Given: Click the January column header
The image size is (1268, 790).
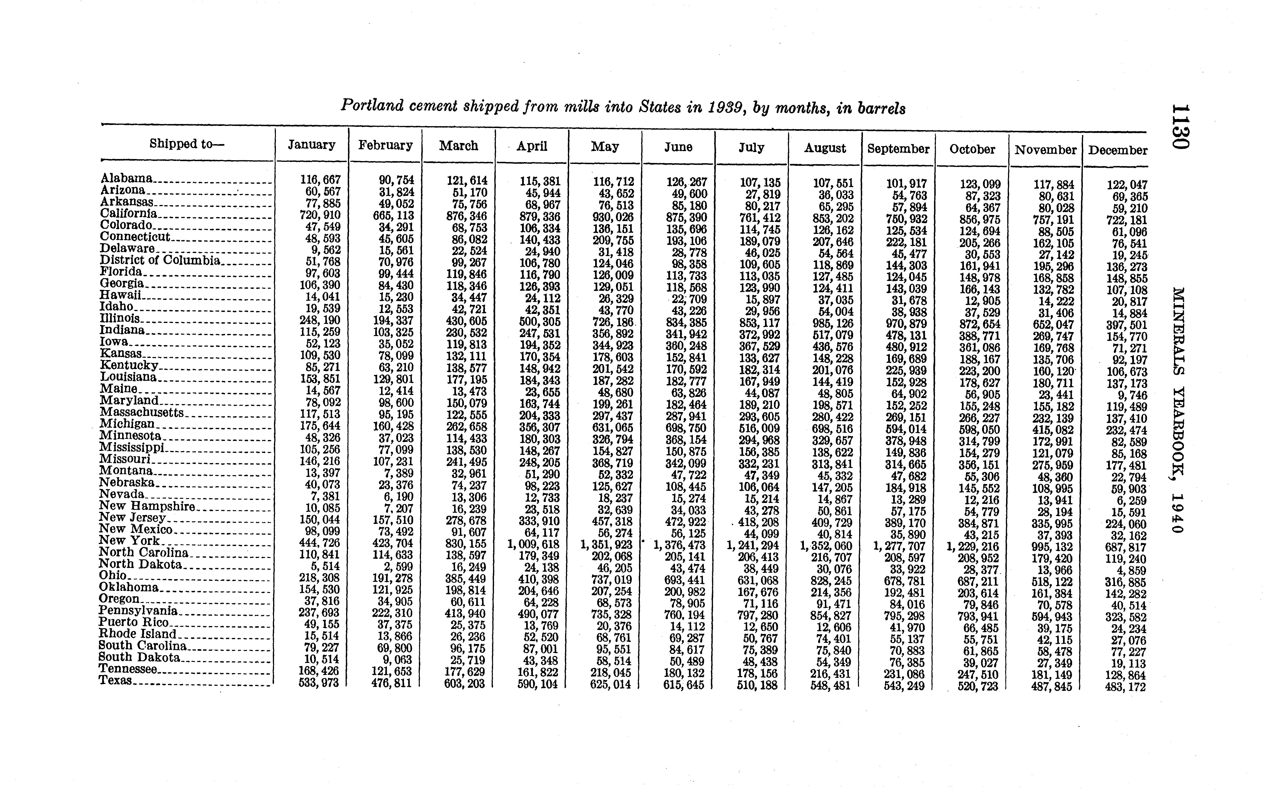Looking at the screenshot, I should tap(311, 145).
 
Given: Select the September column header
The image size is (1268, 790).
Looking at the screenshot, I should tap(898, 149).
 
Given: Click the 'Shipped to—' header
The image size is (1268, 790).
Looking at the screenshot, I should tap(187, 144).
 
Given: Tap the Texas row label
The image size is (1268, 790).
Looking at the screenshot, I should tap(115, 680).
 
